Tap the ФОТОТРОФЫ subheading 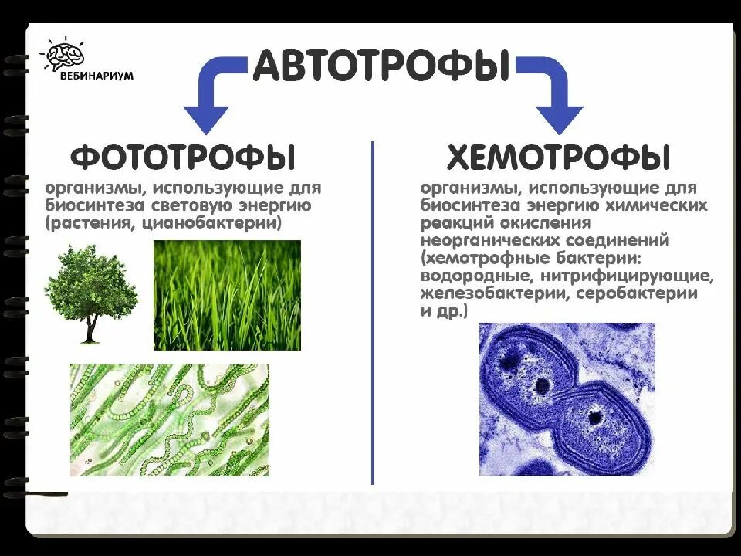pyautogui.click(x=183, y=158)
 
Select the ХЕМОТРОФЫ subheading pyautogui.click(x=558, y=158)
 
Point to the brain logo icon pyautogui.click(x=64, y=54)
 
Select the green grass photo pyautogui.click(x=227, y=295)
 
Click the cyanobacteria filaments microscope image pyautogui.click(x=170, y=420)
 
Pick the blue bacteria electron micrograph pyautogui.click(x=567, y=398)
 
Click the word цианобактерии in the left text pyautogui.click(x=222, y=223)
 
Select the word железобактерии pyautogui.click(x=486, y=294)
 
